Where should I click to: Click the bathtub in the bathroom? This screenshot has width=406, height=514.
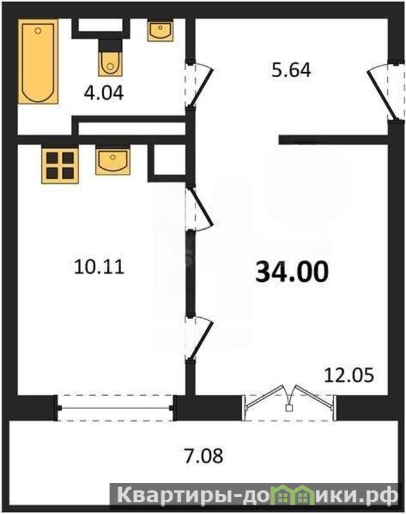click(x=38, y=62)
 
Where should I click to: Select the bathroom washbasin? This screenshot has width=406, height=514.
click(x=160, y=32)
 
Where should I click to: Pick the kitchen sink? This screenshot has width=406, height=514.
click(x=113, y=161)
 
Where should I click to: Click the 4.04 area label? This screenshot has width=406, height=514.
click(x=104, y=93)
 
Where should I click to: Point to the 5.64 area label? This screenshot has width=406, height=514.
click(x=291, y=71)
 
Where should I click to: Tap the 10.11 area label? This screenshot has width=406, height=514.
click(x=99, y=266)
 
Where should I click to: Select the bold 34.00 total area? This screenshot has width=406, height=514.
click(x=292, y=272)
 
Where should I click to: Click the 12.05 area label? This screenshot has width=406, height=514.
click(x=349, y=375)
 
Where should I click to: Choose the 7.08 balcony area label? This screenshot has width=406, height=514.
click(x=204, y=455)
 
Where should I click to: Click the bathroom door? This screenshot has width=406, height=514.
click(x=198, y=85)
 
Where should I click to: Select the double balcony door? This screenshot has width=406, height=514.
click(x=289, y=398)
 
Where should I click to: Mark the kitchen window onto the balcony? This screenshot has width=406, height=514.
click(x=115, y=408)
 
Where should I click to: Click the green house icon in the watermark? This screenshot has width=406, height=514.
click(x=290, y=492)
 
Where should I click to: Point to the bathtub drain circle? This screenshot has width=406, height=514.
click(x=38, y=31)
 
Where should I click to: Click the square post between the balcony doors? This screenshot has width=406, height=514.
click(x=289, y=408)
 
